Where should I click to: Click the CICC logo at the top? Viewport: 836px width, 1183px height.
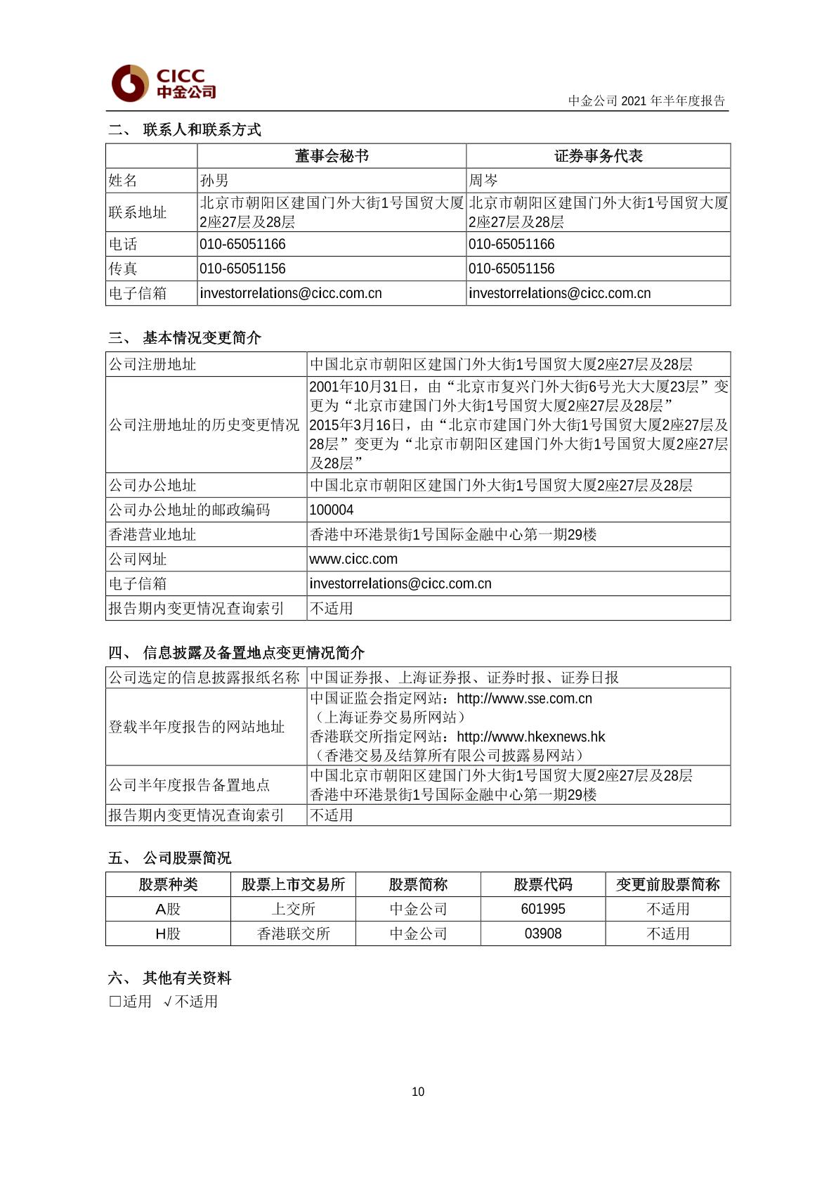pyautogui.click(x=164, y=84)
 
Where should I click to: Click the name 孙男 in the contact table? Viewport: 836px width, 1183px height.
pyautogui.click(x=214, y=181)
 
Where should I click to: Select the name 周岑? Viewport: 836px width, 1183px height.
pyautogui.click(x=483, y=181)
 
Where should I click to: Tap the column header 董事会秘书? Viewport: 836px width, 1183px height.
pyautogui.click(x=332, y=156)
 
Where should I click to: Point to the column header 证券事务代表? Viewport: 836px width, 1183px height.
pyautogui.click(x=598, y=156)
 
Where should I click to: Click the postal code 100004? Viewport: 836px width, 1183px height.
pyautogui.click(x=332, y=510)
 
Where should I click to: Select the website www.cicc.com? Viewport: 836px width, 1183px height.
pyautogui.click(x=353, y=559)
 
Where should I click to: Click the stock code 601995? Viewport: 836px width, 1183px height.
pyautogui.click(x=543, y=909)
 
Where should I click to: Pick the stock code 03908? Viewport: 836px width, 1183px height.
pyautogui.click(x=543, y=933)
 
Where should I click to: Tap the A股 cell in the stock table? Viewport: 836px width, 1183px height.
pyautogui.click(x=168, y=909)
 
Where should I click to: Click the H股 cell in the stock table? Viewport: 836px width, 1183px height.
pyautogui.click(x=168, y=933)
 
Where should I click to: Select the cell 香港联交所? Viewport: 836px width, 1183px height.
pyautogui.click(x=293, y=933)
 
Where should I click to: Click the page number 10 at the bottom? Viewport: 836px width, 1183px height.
pyautogui.click(x=418, y=1092)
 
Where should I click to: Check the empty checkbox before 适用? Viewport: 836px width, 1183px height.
pyautogui.click(x=115, y=1002)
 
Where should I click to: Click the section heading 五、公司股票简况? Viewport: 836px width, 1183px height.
pyautogui.click(x=170, y=858)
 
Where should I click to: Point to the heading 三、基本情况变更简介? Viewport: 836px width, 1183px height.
pyautogui.click(x=185, y=338)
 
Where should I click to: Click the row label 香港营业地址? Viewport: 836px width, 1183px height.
pyautogui.click(x=152, y=534)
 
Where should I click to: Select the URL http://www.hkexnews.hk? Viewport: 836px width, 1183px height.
pyautogui.click(x=530, y=737)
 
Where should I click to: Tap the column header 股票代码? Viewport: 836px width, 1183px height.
pyautogui.click(x=543, y=884)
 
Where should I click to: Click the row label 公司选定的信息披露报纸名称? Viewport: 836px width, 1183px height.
pyautogui.click(x=204, y=678)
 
